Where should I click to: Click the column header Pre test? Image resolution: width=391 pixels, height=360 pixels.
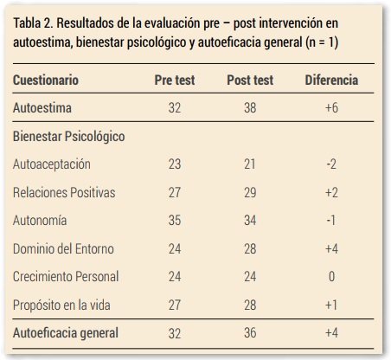point(174,80)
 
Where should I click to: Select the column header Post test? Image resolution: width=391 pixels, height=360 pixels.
point(249,80)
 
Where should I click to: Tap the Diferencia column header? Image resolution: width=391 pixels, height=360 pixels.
point(331,80)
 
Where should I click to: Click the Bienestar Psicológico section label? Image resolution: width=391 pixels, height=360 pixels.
point(69,137)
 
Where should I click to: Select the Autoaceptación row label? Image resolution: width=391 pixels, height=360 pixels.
point(52,164)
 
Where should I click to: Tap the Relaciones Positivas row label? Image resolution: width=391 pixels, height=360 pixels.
point(64,192)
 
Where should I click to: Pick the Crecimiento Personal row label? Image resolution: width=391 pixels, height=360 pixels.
point(66,276)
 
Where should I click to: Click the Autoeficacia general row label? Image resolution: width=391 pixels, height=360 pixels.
point(66,332)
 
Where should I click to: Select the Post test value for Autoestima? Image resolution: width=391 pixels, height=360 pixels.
point(249,109)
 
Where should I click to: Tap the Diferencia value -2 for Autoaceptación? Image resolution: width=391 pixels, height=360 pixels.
point(331,164)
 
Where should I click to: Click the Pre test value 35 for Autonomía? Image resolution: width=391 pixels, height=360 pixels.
point(174,220)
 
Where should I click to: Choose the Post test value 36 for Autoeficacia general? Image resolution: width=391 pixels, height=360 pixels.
point(249,332)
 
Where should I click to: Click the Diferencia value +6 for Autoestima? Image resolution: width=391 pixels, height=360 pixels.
point(331,109)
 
